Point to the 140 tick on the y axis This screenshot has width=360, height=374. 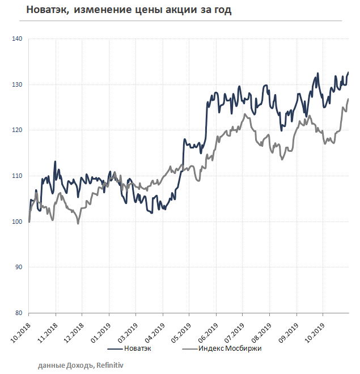point(17,39)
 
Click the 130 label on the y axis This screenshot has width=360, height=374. point(17,85)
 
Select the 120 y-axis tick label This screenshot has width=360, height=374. point(17,130)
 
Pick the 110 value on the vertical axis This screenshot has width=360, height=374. point(17,176)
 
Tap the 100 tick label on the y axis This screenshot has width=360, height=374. point(17,222)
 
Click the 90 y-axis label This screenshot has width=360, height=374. point(19,267)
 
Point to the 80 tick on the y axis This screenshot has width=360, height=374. point(19,313)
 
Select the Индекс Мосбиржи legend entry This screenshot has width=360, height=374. point(230,348)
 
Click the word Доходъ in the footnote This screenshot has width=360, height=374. point(83,366)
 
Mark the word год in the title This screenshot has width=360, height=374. point(222,10)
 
